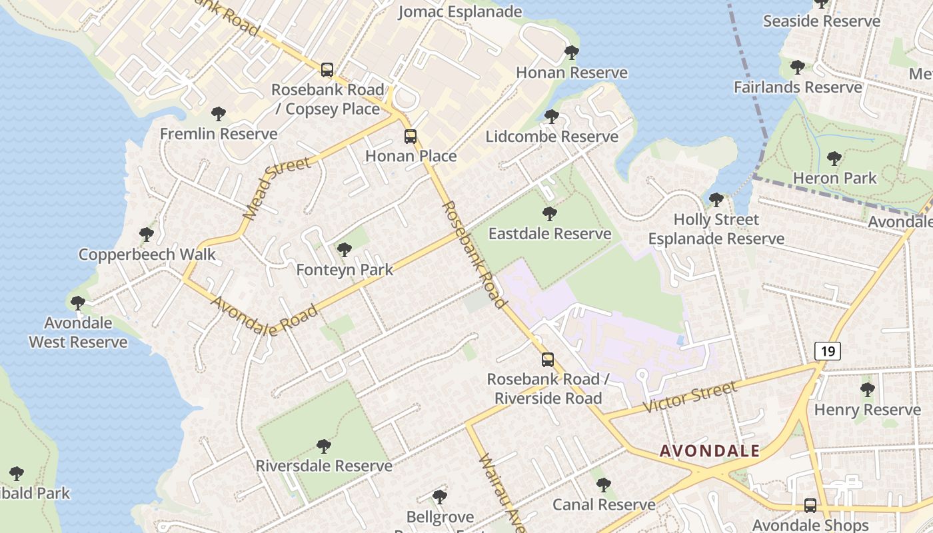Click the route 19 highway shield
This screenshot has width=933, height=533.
827,350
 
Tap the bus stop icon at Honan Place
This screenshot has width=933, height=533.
411,137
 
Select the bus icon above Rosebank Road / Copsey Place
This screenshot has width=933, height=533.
327,70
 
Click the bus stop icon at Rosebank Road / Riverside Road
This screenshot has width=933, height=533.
547,360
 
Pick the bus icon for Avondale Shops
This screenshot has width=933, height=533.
810,506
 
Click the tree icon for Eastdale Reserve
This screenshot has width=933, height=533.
550,214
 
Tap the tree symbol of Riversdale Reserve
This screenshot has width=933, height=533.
324,446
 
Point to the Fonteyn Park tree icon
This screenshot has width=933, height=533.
345,250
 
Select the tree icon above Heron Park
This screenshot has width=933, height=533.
834,159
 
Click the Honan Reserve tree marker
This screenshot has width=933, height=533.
571,53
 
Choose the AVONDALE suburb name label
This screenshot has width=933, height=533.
710,451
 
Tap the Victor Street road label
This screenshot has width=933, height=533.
690,397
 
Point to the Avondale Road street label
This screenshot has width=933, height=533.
264,316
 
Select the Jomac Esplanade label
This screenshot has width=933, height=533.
460,12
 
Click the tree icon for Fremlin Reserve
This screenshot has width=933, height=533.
219,114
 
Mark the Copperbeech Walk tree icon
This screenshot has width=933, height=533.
147,235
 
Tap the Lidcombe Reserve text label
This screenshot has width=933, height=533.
552,137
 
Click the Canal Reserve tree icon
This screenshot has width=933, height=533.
603,485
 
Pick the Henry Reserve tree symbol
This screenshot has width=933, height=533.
867,390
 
